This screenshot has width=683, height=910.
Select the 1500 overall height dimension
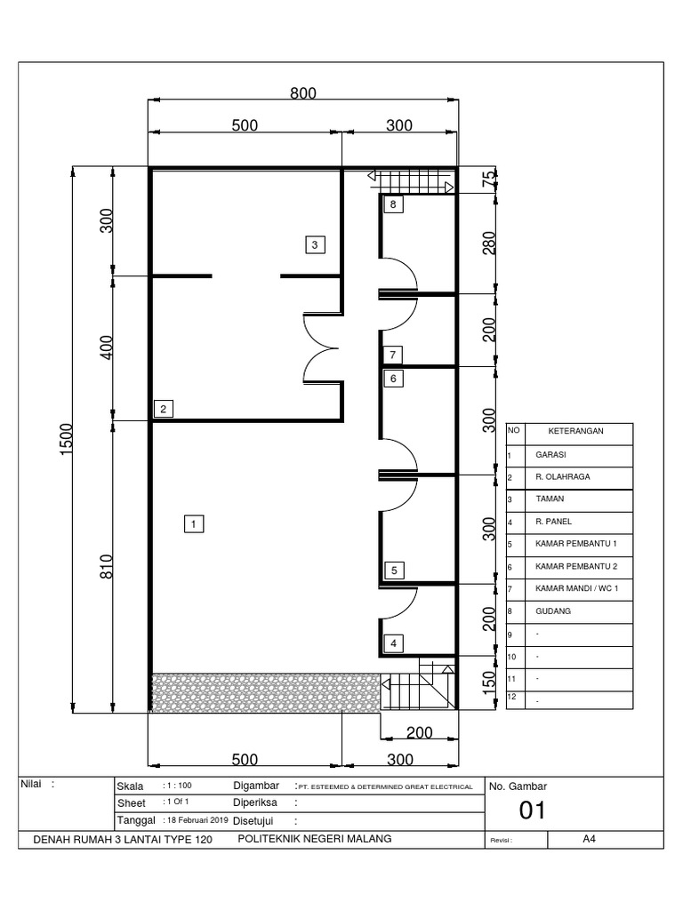coord(66,440)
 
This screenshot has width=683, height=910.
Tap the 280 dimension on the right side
coord(488,243)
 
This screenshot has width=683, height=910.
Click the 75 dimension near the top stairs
coord(488,180)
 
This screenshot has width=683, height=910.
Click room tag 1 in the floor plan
coord(193,523)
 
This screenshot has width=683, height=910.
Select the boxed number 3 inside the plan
coord(314,243)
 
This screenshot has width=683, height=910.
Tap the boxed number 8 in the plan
coord(392,205)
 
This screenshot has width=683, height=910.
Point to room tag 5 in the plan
coord(392,570)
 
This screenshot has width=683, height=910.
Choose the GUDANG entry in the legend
coord(553,611)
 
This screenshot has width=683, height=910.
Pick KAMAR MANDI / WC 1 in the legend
coord(575,588)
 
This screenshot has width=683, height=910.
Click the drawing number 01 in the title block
coord(532,810)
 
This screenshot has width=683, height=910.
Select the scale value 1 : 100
coord(178,786)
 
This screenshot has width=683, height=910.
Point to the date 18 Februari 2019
coord(197,819)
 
